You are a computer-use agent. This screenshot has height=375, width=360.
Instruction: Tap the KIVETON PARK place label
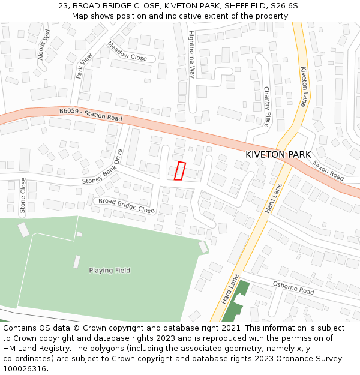pyautogui.click(x=278, y=154)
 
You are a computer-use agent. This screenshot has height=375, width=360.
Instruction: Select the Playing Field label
pyautogui.click(x=109, y=271)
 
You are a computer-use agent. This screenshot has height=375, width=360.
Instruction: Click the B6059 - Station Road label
pyautogui.click(x=91, y=114)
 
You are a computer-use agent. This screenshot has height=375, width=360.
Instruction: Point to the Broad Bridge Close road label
pyautogui.click(x=126, y=206)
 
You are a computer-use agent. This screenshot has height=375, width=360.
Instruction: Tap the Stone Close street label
pyautogui.click(x=23, y=196)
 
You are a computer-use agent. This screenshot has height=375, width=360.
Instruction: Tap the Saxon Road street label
pyautogui.click(x=328, y=170)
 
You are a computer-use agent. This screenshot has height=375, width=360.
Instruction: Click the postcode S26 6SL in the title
pyautogui.click(x=286, y=6)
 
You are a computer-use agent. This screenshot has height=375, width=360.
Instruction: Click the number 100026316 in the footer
pyautogui.click(x=26, y=369)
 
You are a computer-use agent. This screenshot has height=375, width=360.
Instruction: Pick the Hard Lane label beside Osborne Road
pyautogui.click(x=230, y=289)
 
